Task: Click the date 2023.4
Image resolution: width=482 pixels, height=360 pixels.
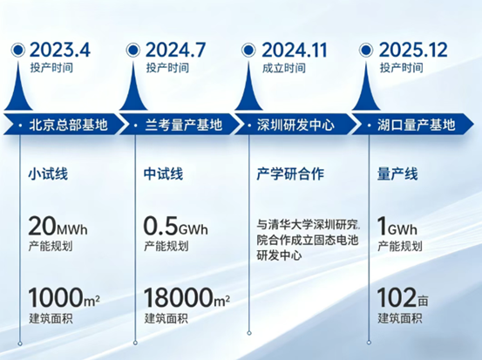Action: pos(60,50)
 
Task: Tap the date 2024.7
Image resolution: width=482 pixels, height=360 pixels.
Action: pos(175,50)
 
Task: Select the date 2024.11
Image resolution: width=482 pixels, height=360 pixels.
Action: pos(295,50)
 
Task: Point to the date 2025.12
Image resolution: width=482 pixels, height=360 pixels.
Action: pos(413,50)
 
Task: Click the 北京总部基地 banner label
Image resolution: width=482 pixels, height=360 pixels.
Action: pos(68,125)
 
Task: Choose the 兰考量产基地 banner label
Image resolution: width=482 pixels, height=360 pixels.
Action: pos(184,125)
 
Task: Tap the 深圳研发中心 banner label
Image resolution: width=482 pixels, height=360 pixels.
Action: pos(295,125)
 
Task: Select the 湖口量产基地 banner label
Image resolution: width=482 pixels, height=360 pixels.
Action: pos(417,125)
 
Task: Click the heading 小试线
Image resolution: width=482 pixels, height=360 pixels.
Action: pos(48,173)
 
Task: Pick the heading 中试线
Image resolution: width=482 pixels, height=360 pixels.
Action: pos(163,173)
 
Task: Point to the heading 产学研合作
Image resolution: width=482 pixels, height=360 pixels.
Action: pos(290,173)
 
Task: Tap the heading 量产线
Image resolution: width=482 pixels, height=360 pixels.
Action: pos(397,173)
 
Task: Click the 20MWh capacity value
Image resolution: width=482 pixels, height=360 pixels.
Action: pos(58,226)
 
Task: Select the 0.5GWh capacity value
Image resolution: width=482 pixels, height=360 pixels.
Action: pos(175,226)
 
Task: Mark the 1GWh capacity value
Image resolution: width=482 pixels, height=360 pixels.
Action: pos(397,226)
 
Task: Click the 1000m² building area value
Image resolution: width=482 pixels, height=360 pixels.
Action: pos(64,297)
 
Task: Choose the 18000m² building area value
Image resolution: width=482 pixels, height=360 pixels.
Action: pos(187,297)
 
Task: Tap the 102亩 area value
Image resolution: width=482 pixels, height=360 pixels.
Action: pos(403,297)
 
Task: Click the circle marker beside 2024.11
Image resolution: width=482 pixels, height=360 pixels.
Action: pos(248,50)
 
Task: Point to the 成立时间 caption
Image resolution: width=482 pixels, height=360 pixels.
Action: pos(284,68)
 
